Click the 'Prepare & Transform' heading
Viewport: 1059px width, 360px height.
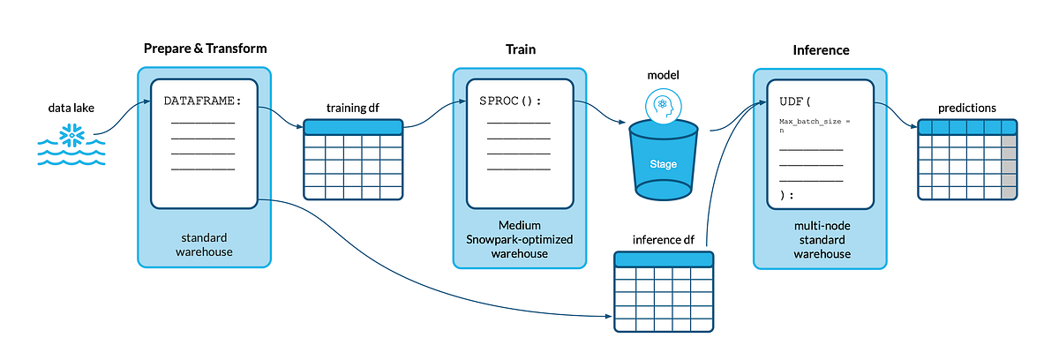(205, 48)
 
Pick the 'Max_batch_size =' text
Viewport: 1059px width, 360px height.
(814, 121)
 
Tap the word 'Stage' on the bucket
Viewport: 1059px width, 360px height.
(664, 164)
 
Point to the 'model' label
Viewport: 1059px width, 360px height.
(664, 76)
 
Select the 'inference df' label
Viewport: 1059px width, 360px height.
(663, 240)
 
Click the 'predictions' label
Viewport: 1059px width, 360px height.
(968, 108)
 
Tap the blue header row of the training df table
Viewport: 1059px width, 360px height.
(353, 127)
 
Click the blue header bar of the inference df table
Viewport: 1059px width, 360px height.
(664, 259)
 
